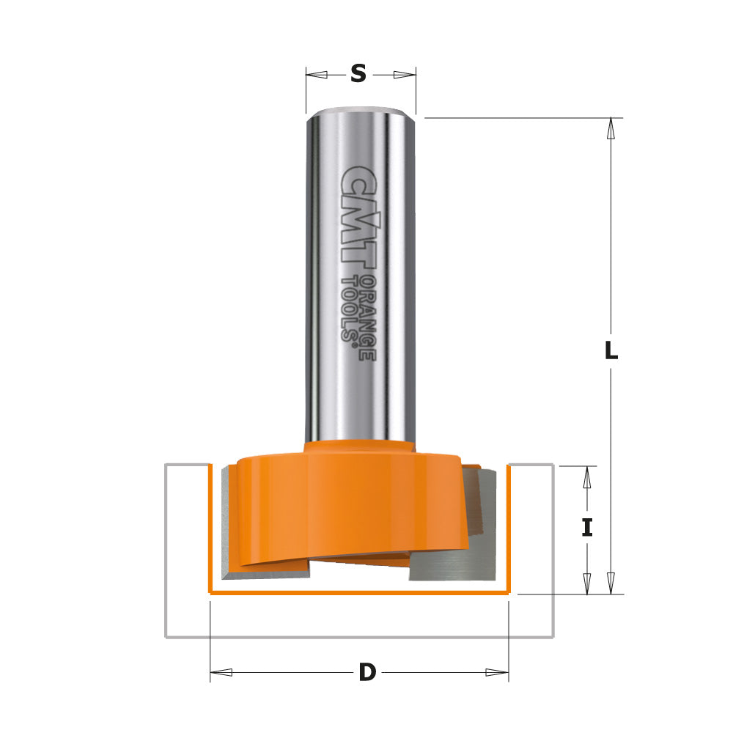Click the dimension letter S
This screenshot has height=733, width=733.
[358, 73]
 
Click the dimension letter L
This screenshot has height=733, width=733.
[611, 351]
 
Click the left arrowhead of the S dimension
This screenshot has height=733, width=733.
[316, 74]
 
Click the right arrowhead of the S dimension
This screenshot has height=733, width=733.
[405, 74]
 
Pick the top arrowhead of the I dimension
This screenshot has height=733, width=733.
[586, 477]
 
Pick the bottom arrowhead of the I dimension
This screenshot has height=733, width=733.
[586, 583]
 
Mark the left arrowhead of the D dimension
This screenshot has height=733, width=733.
[221, 672]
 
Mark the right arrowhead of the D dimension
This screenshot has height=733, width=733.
[497, 672]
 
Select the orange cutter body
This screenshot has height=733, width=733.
[345, 506]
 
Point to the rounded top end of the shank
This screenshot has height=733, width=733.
[360, 114]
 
